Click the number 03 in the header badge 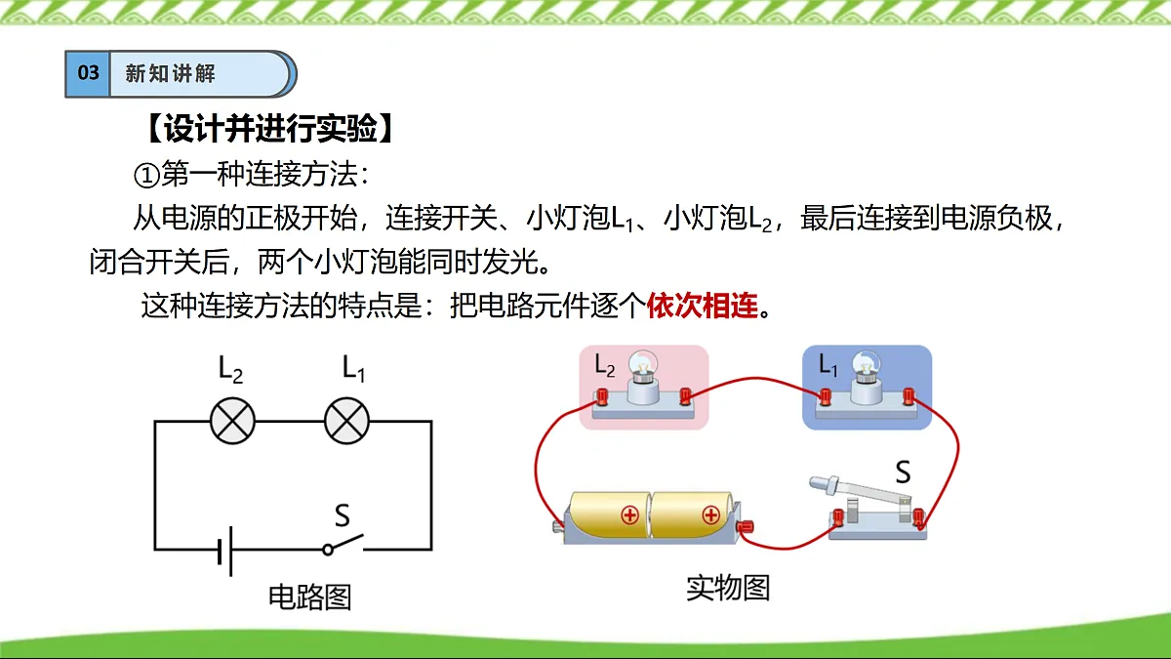click(88, 72)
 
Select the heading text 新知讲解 click(171, 73)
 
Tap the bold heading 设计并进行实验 click(270, 128)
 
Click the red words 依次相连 click(702, 306)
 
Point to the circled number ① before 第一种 click(146, 176)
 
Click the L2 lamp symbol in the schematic click(232, 421)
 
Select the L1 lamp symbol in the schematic click(347, 421)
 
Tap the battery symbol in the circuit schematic click(225, 551)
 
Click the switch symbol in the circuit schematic click(343, 545)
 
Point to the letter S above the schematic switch click(342, 515)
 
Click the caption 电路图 click(309, 597)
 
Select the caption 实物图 click(728, 588)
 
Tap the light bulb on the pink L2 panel click(643, 377)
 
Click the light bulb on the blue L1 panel click(867, 377)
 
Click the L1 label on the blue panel click(828, 364)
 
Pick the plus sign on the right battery click(711, 515)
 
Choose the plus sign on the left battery click(630, 515)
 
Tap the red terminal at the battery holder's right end click(745, 525)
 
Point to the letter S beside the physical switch click(903, 472)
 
